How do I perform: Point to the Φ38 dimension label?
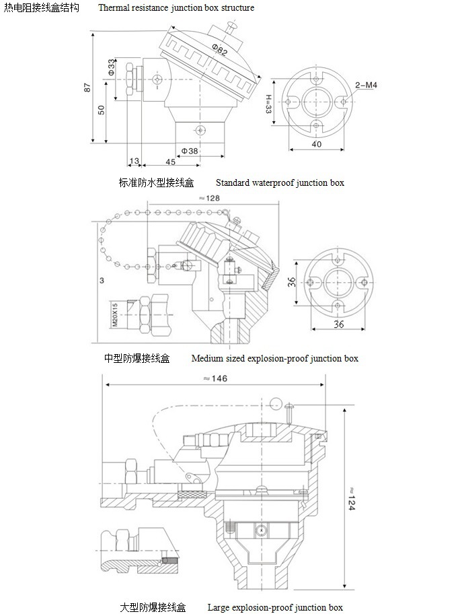[190, 151]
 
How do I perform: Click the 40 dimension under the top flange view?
[317, 144]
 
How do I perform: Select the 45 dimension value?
[170, 162]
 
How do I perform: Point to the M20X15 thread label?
[114, 315]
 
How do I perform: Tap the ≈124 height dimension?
[350, 498]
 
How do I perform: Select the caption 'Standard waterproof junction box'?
[280, 182]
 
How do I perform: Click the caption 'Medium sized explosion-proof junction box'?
[274, 358]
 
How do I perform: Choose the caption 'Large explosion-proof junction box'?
[275, 607]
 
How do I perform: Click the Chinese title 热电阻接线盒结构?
[42, 8]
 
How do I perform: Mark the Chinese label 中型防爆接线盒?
[137, 358]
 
